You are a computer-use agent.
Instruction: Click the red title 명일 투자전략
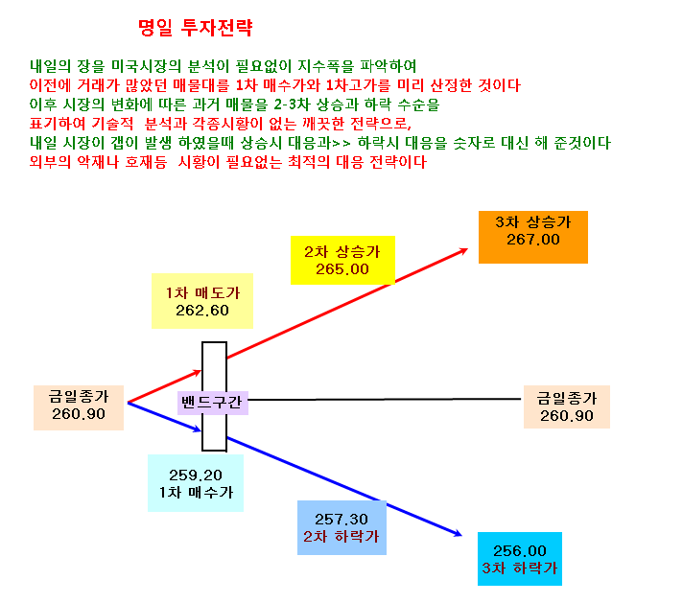195,28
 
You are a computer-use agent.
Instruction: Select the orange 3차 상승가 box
533,238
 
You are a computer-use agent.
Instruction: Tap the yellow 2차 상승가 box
342,261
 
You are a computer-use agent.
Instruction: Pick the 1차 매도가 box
202,301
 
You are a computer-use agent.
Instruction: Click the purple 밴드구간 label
213,403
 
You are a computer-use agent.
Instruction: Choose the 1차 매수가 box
196,483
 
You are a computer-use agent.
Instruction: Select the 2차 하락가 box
341,527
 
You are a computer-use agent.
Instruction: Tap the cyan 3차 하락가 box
520,559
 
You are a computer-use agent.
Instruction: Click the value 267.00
533,240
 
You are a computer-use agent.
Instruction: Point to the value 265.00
342,269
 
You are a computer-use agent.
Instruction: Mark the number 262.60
202,311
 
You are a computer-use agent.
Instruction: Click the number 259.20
196,475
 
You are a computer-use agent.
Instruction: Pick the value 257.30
341,520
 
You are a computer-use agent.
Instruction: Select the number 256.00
520,551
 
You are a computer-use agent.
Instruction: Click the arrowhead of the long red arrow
464,250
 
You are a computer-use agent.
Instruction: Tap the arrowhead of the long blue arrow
459,533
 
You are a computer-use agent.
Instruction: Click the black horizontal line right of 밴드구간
385,399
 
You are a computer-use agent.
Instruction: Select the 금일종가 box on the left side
79,408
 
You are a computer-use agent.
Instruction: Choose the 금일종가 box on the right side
567,406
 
